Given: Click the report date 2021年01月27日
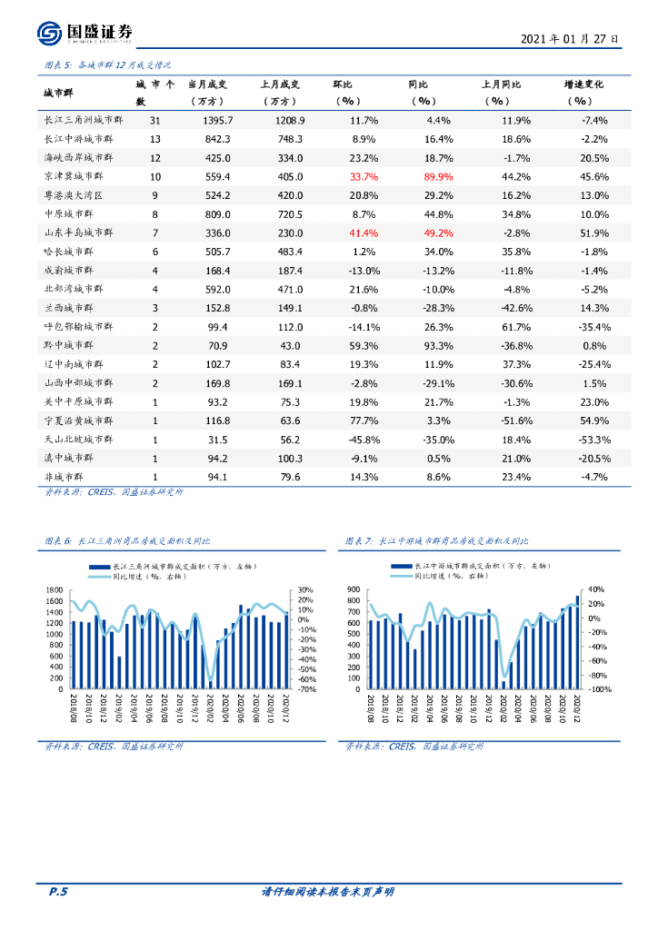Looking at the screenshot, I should click(570, 40).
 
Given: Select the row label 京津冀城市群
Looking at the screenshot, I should click(79, 176).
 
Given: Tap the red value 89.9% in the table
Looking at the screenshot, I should click(438, 176).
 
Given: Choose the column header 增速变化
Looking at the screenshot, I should click(583, 84).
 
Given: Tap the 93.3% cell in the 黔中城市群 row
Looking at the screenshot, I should click(438, 345).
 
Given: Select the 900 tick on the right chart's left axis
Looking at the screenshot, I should click(355, 589).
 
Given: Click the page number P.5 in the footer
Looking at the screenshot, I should click(57, 892).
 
